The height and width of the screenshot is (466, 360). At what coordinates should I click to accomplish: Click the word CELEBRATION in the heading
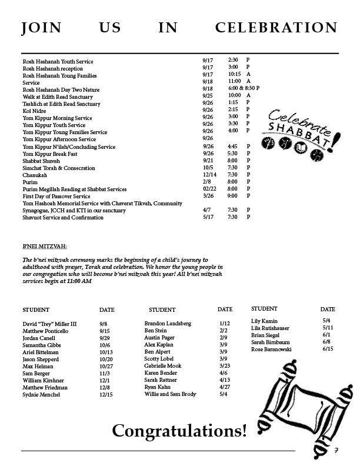click(276, 28)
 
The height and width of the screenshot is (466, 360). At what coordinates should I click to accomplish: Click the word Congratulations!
click(179, 432)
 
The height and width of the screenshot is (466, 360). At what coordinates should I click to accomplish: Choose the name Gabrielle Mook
click(163, 366)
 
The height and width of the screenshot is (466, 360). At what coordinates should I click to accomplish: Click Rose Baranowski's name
click(271, 349)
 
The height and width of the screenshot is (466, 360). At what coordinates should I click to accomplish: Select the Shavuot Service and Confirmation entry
click(63, 218)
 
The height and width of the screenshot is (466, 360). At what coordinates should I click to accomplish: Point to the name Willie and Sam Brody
click(170, 394)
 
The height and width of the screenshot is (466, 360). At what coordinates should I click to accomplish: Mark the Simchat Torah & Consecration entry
click(59, 168)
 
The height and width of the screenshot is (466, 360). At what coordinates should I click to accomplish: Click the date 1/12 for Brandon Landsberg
click(224, 324)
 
